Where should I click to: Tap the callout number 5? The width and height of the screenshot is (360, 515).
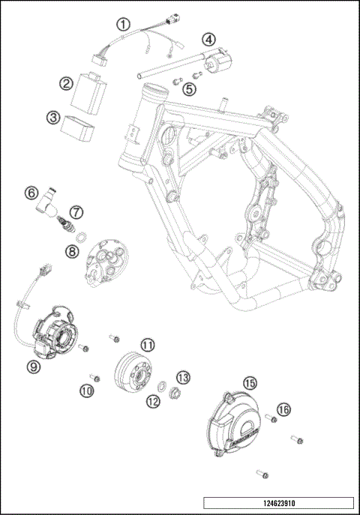[190, 89]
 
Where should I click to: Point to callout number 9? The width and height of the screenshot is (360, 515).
[33, 366]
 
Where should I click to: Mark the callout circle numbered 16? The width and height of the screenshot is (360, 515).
[283, 409]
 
